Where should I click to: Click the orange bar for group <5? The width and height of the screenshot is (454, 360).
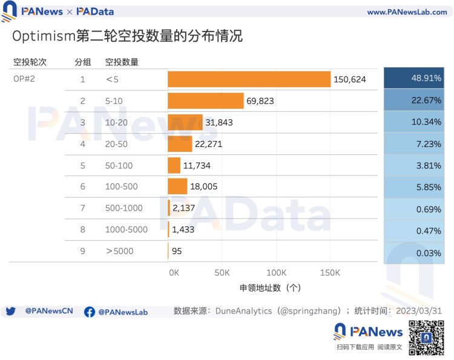click(249, 79)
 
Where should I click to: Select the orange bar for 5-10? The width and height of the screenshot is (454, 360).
click(206, 101)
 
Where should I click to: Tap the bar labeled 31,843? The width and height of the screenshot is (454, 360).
click(185, 122)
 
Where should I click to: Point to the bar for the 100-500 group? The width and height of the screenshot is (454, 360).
click(177, 186)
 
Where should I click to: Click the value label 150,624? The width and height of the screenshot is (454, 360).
click(350, 79)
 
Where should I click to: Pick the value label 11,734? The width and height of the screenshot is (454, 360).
click(197, 165)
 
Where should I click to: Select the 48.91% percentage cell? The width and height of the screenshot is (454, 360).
click(414, 79)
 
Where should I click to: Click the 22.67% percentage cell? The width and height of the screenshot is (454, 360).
click(414, 100)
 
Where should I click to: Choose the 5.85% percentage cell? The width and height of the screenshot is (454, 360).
click(414, 187)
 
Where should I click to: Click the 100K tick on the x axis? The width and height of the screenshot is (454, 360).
click(277, 273)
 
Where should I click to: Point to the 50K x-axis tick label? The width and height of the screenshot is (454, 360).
click(222, 273)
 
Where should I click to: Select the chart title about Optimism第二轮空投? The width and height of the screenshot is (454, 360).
click(127, 36)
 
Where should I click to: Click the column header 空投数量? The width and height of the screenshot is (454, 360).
click(122, 62)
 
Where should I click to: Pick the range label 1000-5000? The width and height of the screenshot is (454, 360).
click(127, 229)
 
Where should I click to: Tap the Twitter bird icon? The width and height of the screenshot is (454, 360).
click(10, 312)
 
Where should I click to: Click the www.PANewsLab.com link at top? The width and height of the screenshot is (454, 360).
click(407, 12)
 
